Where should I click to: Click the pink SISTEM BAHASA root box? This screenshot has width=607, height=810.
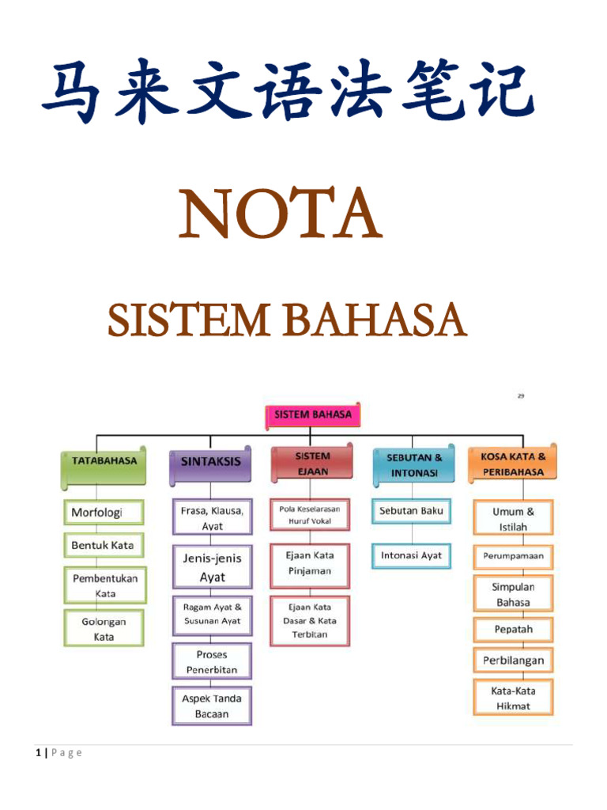click(x=312, y=414)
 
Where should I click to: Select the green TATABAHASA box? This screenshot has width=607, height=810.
click(x=104, y=467)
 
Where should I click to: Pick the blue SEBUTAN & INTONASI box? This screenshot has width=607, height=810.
click(x=414, y=465)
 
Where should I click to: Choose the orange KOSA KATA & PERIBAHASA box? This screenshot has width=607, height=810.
click(x=513, y=464)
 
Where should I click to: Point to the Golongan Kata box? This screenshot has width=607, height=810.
click(x=104, y=629)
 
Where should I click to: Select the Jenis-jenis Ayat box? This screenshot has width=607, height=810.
click(x=212, y=567)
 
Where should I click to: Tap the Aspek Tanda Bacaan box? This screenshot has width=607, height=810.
click(x=212, y=706)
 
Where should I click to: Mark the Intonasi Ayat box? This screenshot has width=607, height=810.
click(x=412, y=555)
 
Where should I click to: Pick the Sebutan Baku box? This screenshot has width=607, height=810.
click(x=412, y=511)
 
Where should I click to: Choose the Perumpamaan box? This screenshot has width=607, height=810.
click(x=513, y=556)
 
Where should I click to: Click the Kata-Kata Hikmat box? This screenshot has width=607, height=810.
click(x=513, y=698)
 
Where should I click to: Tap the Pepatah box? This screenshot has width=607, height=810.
click(x=513, y=630)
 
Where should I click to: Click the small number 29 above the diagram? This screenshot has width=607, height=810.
click(x=521, y=396)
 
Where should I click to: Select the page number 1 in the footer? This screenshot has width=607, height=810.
click(x=38, y=752)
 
